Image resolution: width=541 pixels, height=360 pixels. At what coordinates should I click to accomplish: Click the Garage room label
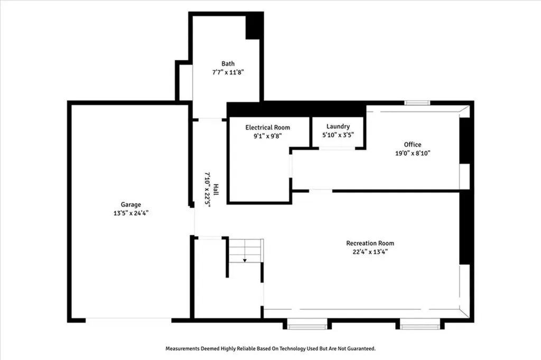[131, 205]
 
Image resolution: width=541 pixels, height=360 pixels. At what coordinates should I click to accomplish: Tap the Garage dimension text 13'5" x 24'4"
[131, 214]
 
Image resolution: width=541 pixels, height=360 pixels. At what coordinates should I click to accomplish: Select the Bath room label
[228, 63]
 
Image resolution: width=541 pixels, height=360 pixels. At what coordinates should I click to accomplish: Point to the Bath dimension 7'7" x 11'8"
[228, 72]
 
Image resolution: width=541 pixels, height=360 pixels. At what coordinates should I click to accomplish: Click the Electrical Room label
[268, 127]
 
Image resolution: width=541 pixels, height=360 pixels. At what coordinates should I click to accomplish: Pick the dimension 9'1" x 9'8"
[268, 136]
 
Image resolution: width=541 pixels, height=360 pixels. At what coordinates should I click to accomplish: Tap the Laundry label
[338, 127]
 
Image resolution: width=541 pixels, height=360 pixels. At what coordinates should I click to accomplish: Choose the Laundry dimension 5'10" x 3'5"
[338, 135]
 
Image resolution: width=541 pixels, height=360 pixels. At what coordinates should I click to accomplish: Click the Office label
[413, 145]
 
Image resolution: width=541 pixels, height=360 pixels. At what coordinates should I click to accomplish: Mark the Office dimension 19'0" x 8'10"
[413, 153]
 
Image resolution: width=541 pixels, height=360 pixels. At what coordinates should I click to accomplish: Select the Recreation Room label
[370, 243]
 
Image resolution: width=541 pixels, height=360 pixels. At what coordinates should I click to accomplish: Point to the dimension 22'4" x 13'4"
[370, 252]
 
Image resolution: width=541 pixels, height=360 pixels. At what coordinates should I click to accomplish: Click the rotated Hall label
[216, 189]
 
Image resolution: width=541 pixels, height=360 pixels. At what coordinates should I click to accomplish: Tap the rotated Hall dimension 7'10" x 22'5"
[207, 189]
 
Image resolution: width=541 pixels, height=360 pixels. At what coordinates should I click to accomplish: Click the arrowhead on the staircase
[245, 260]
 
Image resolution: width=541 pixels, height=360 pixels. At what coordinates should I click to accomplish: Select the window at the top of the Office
[417, 103]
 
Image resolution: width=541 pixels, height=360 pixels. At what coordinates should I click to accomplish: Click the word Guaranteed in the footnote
[361, 348]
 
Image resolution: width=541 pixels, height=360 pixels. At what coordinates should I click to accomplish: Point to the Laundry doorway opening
[337, 149]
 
